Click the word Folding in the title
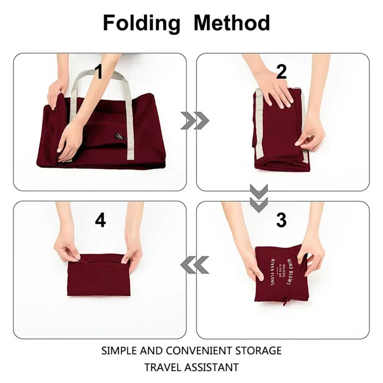(142, 23)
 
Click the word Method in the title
(231, 23)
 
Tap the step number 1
(99, 72)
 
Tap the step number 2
(281, 72)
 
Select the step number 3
(281, 220)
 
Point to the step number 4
(100, 220)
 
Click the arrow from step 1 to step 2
(194, 121)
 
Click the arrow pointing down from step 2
(259, 199)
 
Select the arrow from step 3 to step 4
(194, 264)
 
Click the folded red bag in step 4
(99, 278)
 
